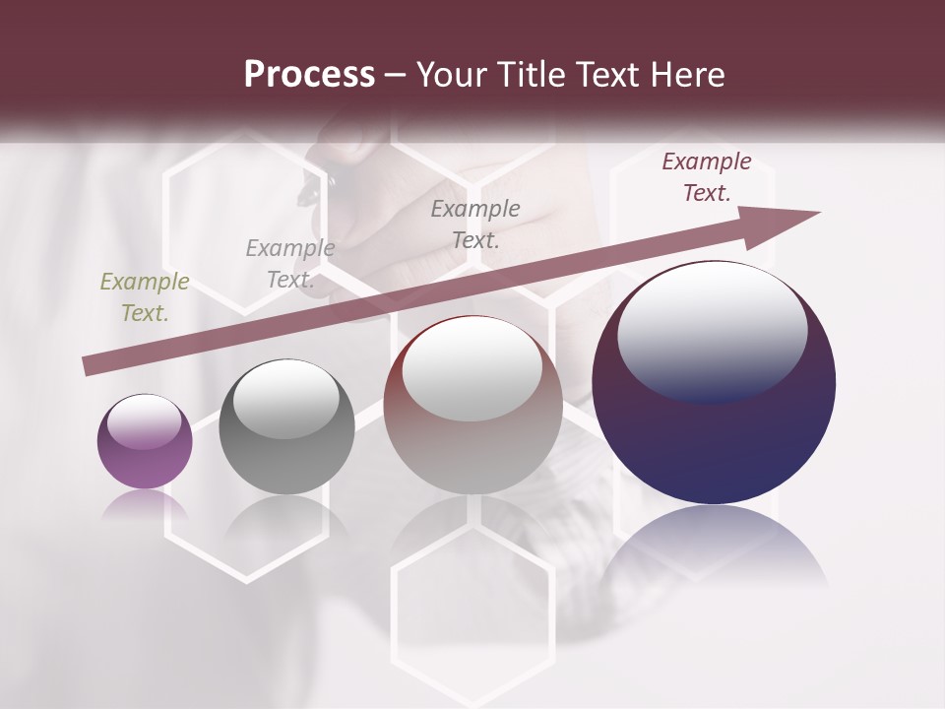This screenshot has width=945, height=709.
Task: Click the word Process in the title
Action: [x=309, y=75]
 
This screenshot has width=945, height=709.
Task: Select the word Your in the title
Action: [x=449, y=75]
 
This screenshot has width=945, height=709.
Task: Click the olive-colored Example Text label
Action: [x=144, y=297]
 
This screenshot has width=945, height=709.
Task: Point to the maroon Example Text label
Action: [x=707, y=177]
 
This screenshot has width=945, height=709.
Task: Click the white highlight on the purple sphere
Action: [x=144, y=421]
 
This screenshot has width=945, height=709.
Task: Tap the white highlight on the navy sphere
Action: [x=712, y=331]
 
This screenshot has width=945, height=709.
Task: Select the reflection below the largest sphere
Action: [x=715, y=547]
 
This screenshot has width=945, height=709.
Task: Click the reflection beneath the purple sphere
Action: [x=145, y=504]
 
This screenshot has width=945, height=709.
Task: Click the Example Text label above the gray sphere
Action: [x=289, y=264]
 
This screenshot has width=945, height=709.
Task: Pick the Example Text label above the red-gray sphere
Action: [x=474, y=224]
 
